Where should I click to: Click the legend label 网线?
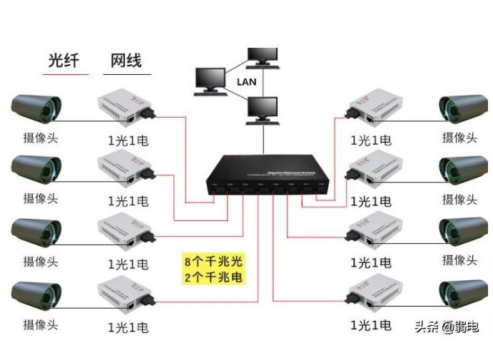126,60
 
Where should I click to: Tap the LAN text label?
247,82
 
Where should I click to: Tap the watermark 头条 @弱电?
447,327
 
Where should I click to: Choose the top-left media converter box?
124,107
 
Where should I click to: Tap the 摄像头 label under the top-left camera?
40,138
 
